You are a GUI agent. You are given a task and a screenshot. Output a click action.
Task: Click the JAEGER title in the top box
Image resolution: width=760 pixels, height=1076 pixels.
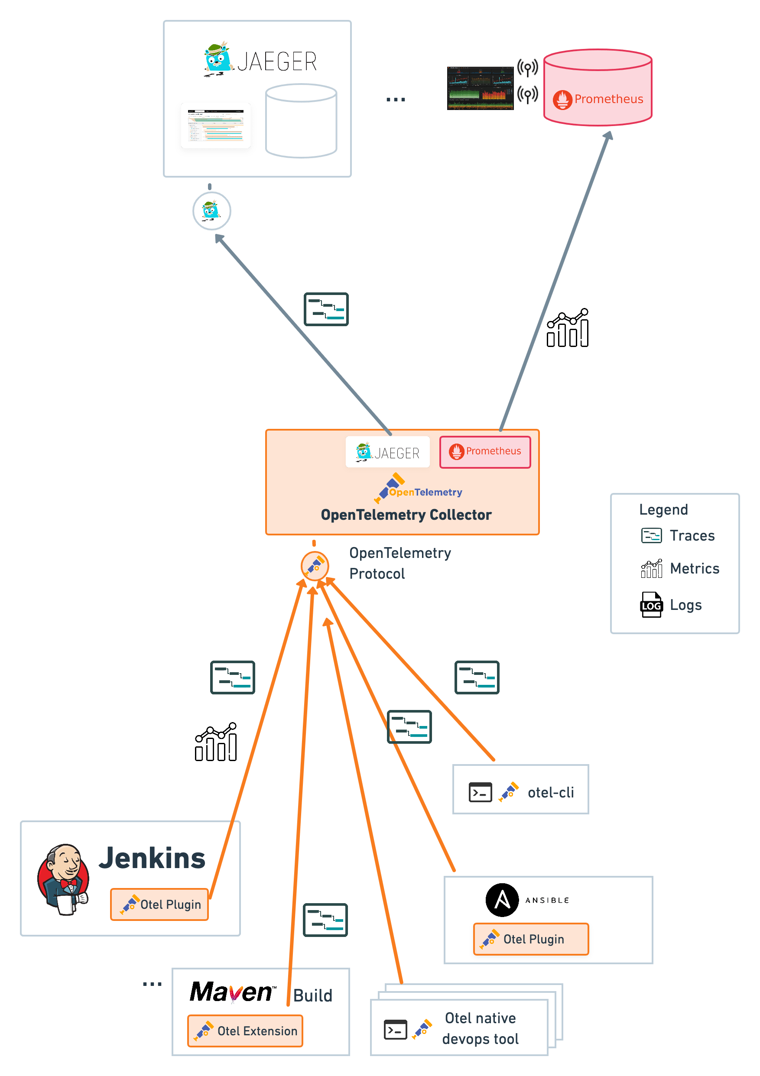coord(276,62)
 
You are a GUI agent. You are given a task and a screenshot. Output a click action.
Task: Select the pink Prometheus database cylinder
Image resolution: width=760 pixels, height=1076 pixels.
coord(598,88)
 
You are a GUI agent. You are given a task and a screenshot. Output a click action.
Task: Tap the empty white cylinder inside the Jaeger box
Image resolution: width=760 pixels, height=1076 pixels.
coord(301,121)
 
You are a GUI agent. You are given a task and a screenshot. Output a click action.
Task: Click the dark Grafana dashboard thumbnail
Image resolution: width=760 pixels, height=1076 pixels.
coord(480,88)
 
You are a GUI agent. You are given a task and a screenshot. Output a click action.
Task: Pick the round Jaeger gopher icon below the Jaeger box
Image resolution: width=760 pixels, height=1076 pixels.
coord(211,211)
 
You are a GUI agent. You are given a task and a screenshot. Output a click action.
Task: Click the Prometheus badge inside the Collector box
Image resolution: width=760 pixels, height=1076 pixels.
coord(485,451)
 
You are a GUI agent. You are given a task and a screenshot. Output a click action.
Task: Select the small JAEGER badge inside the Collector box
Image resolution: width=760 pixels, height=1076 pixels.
coord(388,452)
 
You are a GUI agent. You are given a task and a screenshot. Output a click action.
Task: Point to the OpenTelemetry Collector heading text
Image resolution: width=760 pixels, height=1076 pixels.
coord(406,515)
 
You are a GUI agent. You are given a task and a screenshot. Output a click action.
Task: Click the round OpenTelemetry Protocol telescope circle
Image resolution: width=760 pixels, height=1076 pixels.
coord(315,566)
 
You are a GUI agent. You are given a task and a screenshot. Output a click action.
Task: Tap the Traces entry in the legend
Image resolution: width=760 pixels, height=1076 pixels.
coord(692,535)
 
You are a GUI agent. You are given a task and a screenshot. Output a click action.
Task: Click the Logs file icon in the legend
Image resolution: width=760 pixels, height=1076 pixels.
coord(651,605)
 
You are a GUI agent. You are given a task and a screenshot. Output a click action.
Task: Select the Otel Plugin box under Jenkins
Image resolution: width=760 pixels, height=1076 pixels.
coord(159,904)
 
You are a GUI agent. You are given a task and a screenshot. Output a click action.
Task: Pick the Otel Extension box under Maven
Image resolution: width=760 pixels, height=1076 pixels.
coord(245,1031)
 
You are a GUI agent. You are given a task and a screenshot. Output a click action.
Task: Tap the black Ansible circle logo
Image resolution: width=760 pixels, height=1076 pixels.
coord(502,900)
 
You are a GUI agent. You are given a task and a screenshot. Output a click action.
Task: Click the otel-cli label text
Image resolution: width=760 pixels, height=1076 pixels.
coord(550,792)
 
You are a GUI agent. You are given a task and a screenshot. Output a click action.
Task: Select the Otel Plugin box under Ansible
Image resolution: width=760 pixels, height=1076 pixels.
coord(531,939)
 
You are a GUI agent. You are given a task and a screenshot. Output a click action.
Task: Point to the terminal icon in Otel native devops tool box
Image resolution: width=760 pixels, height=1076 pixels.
coord(395,1030)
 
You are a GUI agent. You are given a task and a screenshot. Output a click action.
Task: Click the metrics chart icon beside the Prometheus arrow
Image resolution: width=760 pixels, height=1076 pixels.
coord(567,328)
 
